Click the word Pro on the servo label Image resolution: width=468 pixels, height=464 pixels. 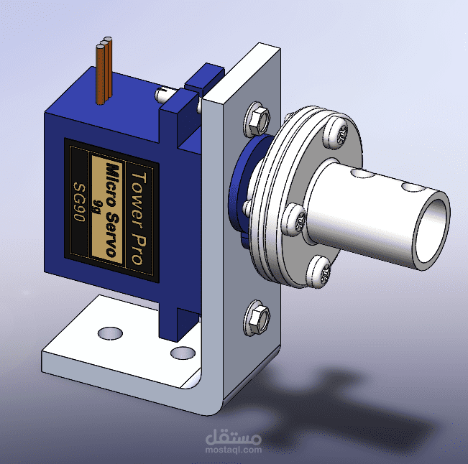pyautogui.click(x=137, y=250)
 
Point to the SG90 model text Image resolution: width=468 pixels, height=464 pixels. pyautogui.click(x=80, y=202)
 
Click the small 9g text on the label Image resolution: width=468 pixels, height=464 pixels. pyautogui.click(x=96, y=205)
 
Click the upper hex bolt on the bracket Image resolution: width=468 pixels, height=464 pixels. pyautogui.click(x=257, y=119)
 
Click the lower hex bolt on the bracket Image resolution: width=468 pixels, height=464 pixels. pyautogui.click(x=257, y=318)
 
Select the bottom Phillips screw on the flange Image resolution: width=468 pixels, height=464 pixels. pyautogui.click(x=319, y=272)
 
